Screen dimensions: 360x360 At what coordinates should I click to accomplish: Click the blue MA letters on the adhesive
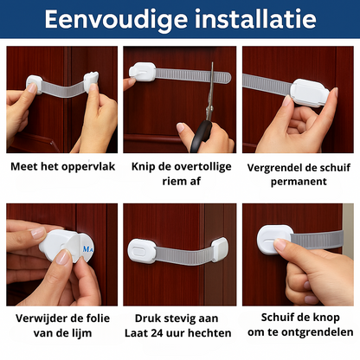[x=87, y=248]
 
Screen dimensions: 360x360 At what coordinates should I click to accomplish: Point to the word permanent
[x=299, y=182]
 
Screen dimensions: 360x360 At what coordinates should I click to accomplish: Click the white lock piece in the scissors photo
[x=143, y=72]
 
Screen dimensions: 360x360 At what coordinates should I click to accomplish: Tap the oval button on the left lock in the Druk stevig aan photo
[x=141, y=251]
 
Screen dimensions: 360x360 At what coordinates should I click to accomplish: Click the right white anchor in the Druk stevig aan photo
[x=220, y=249]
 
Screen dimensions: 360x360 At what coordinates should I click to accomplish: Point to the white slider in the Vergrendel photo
[x=309, y=93]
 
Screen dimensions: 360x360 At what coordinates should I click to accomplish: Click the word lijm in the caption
[x=81, y=333]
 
